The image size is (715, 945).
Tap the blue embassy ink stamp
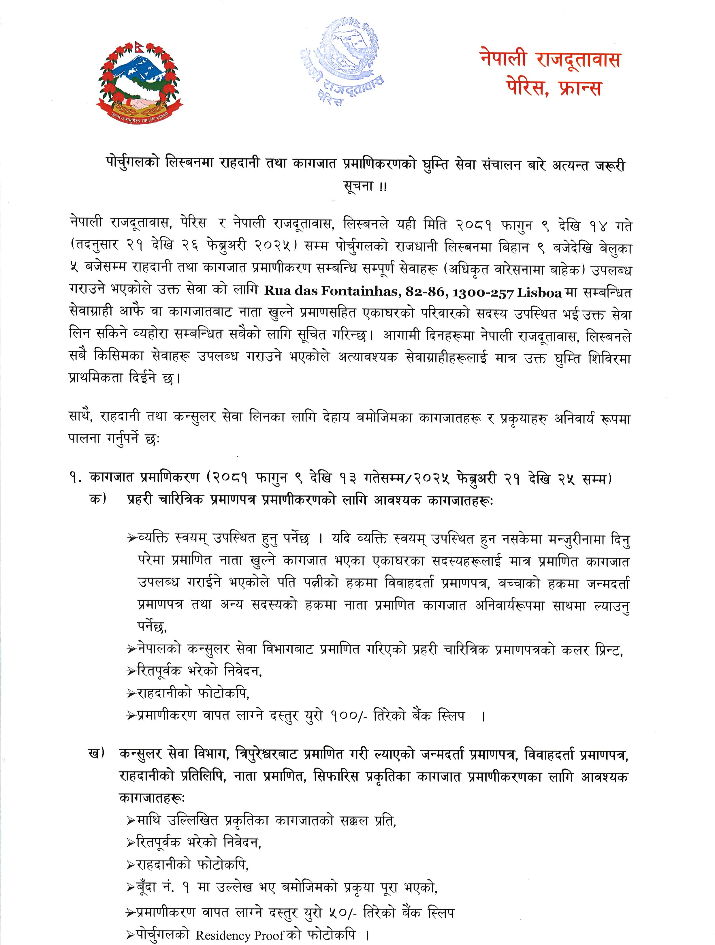click(x=348, y=62)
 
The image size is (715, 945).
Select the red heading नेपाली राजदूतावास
click(x=550, y=60)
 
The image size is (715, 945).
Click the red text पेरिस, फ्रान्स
click(x=554, y=88)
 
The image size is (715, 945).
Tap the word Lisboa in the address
click(x=539, y=293)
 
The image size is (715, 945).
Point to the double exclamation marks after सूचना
click(x=382, y=187)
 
